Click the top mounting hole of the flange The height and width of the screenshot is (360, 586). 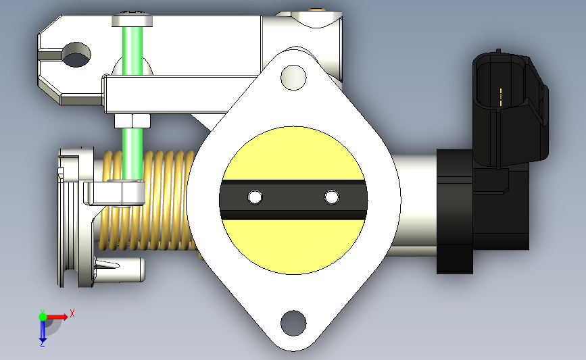[x=293, y=77]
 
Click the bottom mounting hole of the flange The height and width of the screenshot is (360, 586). [x=293, y=323]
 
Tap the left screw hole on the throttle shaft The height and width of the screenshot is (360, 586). [x=255, y=197]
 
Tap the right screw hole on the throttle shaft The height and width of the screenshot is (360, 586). [x=332, y=197]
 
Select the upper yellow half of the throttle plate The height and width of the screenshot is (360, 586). [x=293, y=153]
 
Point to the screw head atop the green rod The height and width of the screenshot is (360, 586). [x=132, y=20]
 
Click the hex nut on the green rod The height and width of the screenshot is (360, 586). [x=132, y=121]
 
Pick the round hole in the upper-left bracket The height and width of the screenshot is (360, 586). [x=76, y=55]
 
